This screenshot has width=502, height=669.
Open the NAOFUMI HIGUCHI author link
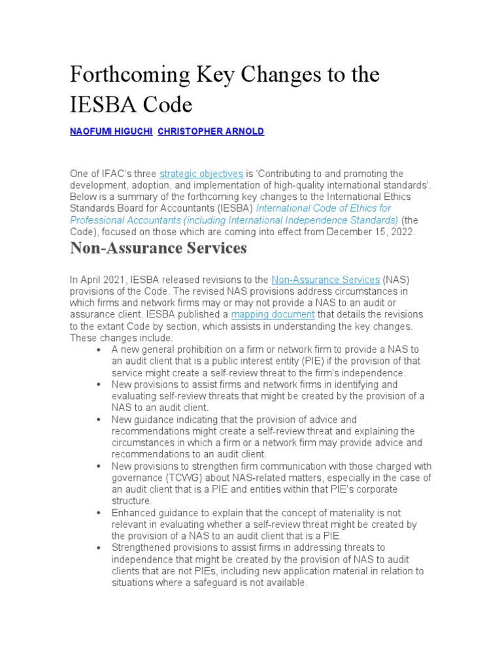click(x=111, y=131)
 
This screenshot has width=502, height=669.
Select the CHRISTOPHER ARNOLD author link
click(x=211, y=131)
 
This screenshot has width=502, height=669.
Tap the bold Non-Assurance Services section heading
click(x=158, y=248)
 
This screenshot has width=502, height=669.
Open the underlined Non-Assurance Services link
click(x=325, y=280)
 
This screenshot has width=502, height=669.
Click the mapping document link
click(x=273, y=314)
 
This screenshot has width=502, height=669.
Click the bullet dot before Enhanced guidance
click(x=98, y=514)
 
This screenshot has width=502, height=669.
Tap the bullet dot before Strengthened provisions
click(x=98, y=548)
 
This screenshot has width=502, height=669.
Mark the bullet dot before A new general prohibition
click(x=98, y=350)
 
